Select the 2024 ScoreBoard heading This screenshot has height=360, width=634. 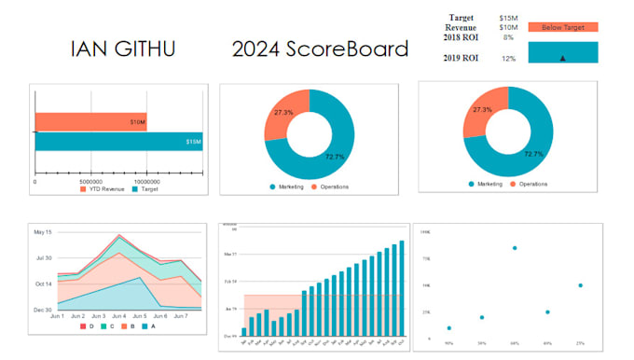click(x=320, y=48)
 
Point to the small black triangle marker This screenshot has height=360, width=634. click(x=562, y=58)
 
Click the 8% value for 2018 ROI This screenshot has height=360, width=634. click(x=508, y=38)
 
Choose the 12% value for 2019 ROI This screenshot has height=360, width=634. click(x=508, y=59)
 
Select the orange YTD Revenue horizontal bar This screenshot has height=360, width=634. click(x=90, y=121)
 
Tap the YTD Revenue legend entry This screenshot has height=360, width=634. click(x=104, y=190)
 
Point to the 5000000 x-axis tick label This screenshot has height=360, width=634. click(x=90, y=182)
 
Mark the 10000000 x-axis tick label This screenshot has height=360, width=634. click(x=147, y=182)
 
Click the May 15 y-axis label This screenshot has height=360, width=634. click(x=42, y=231)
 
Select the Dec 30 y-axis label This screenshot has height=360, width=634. click(x=42, y=309)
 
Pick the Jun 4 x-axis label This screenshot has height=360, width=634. click(x=118, y=316)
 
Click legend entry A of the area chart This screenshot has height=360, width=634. click(x=148, y=327)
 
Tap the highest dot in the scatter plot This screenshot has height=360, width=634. click(x=515, y=248)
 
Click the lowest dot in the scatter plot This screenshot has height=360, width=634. click(x=449, y=328)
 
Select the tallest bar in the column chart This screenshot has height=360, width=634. click(x=402, y=288)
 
